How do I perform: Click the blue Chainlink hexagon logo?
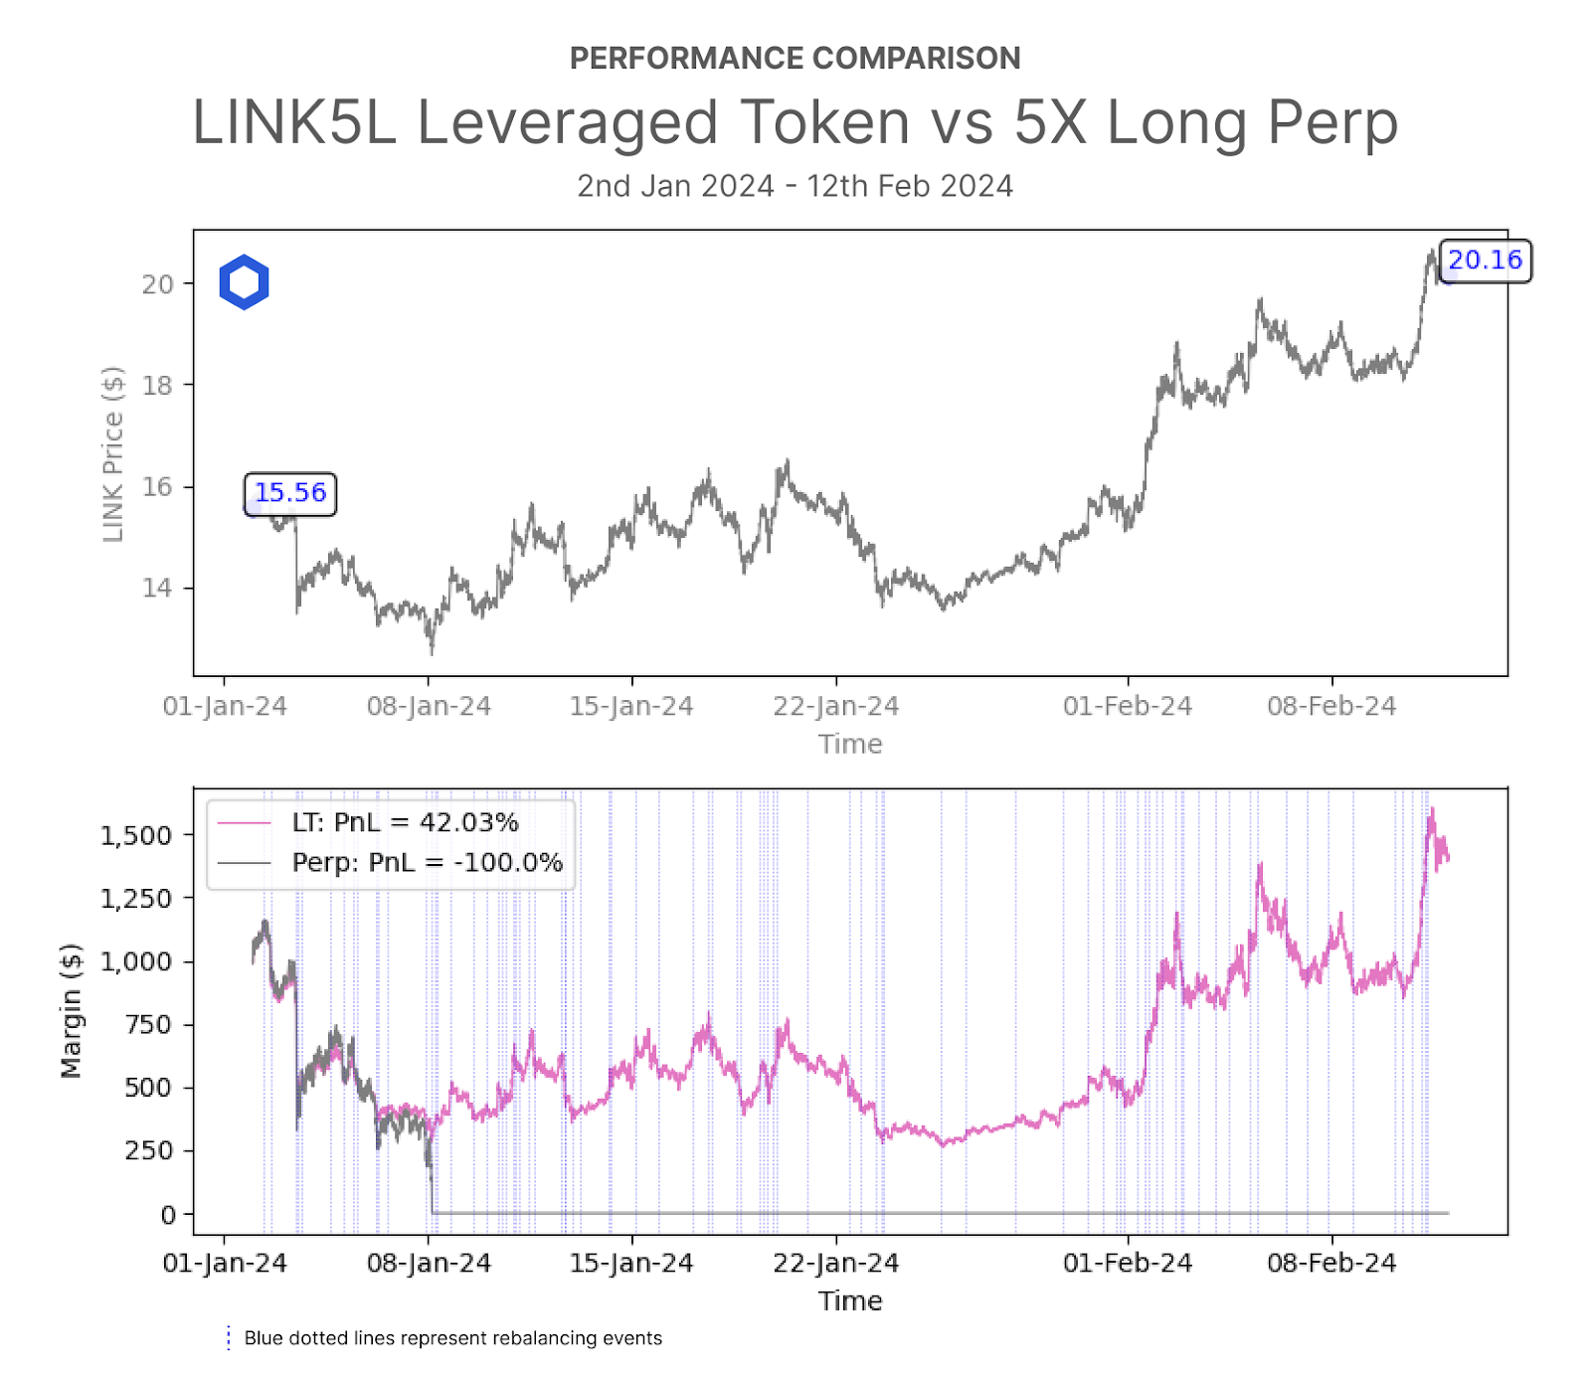pos(244,282)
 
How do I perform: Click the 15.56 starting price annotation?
pos(290,493)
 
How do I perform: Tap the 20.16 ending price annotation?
pos(1485,260)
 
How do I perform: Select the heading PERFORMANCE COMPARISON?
pos(795,59)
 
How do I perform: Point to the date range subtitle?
pos(795,186)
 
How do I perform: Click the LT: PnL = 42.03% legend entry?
pos(405,822)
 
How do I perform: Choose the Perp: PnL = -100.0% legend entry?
pos(427,862)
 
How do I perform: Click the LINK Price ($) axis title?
pos(113,454)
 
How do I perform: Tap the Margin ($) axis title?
pos(71,1010)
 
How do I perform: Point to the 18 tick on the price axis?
pos(157,386)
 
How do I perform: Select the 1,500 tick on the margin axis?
pos(136,835)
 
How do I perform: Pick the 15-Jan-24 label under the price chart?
pos(631,707)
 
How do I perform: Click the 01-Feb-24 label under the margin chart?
pos(1128,1264)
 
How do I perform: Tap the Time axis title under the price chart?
pos(850,744)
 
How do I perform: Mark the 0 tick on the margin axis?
pos(168,1214)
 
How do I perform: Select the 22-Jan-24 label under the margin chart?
pos(836,1264)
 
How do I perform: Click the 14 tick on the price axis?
pos(157,588)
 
